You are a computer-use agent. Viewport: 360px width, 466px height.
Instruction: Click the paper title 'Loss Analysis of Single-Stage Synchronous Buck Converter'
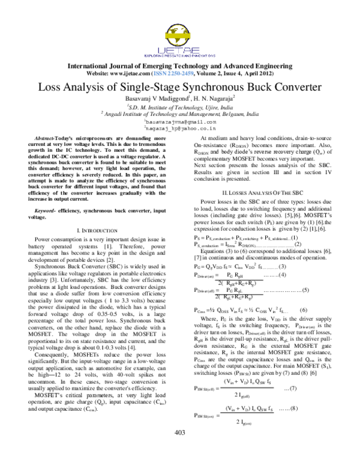coord(180,86)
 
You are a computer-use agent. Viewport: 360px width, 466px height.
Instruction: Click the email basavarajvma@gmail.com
coord(180,121)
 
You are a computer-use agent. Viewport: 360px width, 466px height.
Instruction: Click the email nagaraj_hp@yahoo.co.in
coord(180,128)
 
